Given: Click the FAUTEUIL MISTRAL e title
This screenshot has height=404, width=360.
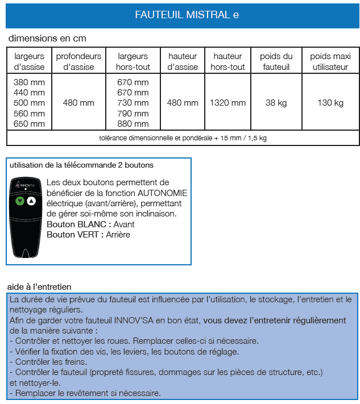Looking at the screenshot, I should point(187,15).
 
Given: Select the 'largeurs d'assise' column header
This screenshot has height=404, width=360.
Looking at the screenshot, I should point(29,61).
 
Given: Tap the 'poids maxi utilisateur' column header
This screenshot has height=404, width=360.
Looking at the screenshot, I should point(330,61).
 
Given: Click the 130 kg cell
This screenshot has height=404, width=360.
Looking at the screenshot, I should point(330,103).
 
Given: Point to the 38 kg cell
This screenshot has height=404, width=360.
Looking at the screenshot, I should point(276,103).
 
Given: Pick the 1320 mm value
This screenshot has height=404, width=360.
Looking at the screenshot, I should point(227,103).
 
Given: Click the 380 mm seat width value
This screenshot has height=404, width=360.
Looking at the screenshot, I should point(29,82).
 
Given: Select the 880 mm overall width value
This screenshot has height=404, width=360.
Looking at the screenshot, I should point(133,123).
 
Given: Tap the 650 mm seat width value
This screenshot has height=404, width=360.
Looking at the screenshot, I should point(29,123).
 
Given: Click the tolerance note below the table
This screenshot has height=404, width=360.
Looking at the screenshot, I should point(183,138).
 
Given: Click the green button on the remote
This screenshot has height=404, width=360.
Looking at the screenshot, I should point(20,201).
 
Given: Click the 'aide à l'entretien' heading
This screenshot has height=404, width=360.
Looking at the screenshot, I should point(39,286).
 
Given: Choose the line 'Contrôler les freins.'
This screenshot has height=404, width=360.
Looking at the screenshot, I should point(48,361).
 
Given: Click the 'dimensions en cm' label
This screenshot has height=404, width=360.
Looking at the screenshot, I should point(47,39).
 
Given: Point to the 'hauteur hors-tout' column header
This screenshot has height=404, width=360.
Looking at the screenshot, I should point(227,61).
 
